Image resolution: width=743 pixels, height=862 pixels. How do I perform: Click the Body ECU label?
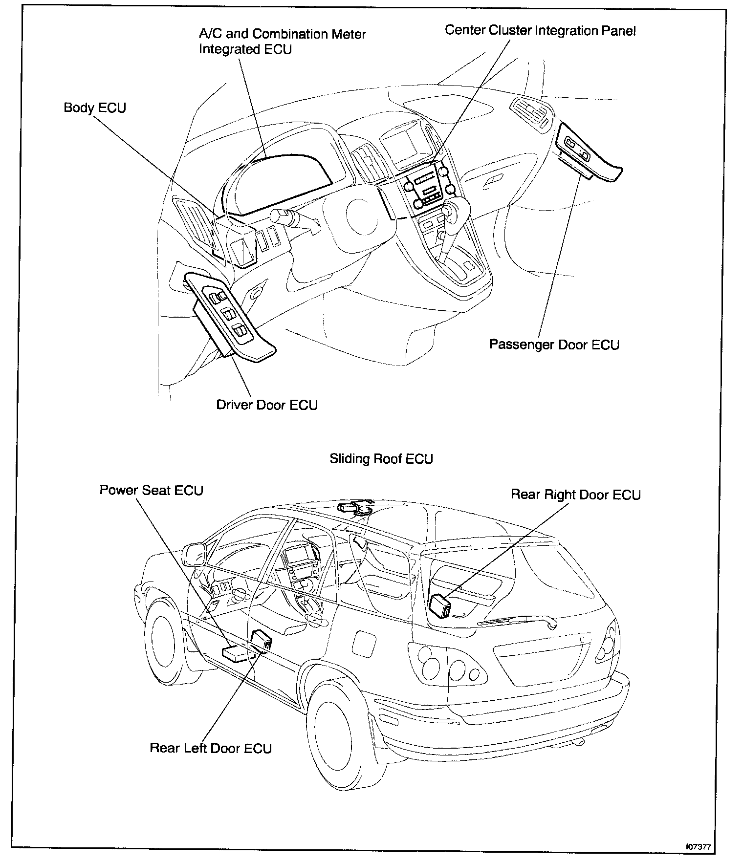(95, 108)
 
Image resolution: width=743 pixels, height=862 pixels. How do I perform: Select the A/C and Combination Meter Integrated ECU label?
(282, 42)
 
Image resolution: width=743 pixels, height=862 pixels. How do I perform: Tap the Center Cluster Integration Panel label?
(540, 31)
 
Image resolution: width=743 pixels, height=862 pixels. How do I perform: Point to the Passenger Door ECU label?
(554, 345)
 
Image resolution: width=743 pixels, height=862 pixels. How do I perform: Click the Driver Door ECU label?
(267, 405)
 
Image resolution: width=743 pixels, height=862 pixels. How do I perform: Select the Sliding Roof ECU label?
(381, 459)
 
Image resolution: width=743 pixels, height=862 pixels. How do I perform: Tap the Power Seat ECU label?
(151, 490)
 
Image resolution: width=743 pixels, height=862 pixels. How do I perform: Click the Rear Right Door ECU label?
(575, 495)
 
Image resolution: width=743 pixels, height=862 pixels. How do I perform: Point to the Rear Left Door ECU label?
(211, 748)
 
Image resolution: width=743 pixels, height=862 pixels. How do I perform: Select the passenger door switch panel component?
(589, 152)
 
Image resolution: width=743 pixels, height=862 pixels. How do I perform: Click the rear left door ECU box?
(262, 641)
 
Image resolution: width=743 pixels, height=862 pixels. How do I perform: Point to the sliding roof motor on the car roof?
(354, 507)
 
